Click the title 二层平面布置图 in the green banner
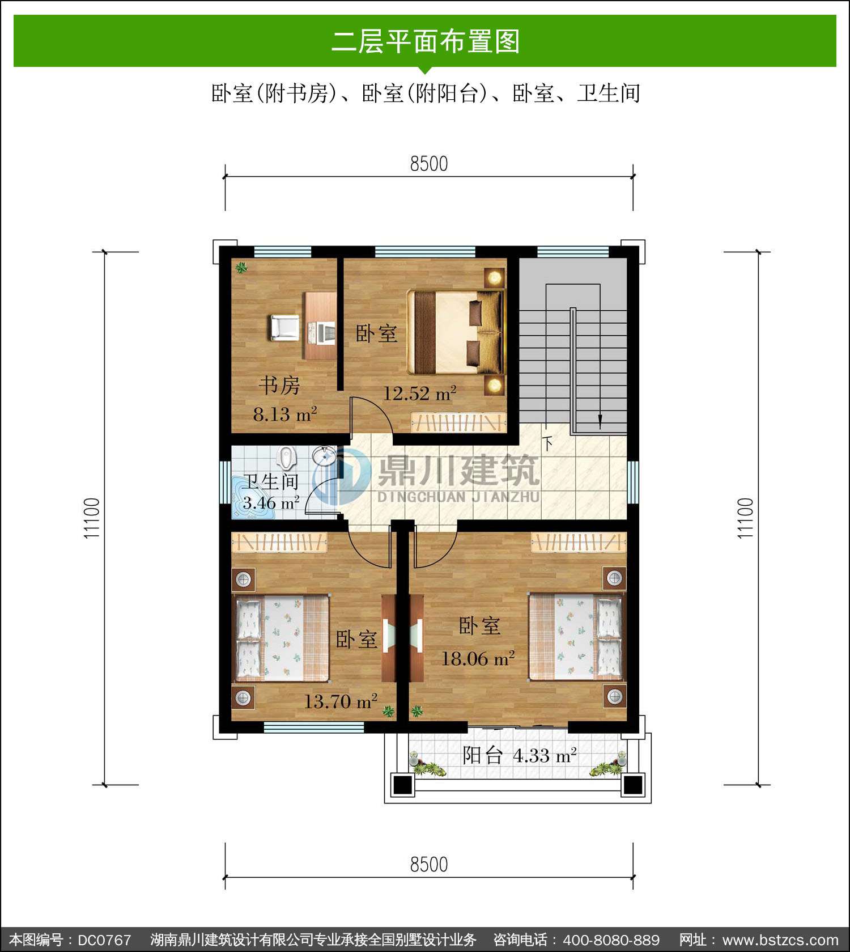coord(425,41)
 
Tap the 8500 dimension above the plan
coord(429,164)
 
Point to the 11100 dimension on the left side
coord(92,518)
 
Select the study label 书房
coord(279,386)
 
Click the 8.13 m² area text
coord(285,414)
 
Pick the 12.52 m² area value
coord(420,393)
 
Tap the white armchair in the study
coord(284,328)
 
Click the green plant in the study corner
coord(242,268)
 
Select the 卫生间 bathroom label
coord(271,481)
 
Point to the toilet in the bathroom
coord(287,458)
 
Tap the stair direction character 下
coord(547,443)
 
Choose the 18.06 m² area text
coord(478,658)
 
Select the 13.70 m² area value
coord(341,701)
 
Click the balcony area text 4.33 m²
coord(545,755)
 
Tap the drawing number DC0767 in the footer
coord(104,940)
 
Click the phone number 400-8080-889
coord(611,940)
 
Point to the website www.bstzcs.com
coord(780,940)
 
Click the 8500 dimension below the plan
coord(429,865)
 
